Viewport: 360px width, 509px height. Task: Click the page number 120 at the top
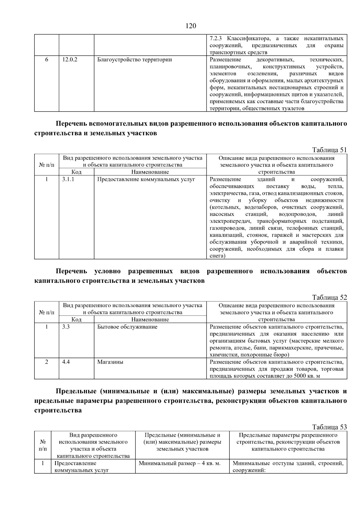(x=191, y=26)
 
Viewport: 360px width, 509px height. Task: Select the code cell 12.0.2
(x=70, y=60)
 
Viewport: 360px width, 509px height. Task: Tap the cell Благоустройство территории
(x=134, y=60)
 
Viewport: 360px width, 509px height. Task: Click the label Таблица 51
(x=329, y=150)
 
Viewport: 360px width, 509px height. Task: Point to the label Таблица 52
(x=329, y=298)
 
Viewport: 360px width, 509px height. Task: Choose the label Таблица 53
(x=329, y=427)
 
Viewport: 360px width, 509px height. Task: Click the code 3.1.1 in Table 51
(x=68, y=179)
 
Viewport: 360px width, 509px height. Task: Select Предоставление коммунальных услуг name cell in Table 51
(x=146, y=179)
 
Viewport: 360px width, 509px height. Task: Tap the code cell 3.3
(x=66, y=327)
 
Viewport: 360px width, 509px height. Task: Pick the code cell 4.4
(x=66, y=362)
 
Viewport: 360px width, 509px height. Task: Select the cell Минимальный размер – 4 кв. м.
(x=180, y=463)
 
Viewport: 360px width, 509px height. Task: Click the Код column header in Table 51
(x=76, y=172)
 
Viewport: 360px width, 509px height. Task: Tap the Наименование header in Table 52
(x=150, y=320)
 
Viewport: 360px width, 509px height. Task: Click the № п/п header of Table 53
(x=43, y=445)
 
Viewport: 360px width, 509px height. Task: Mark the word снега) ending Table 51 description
(x=217, y=256)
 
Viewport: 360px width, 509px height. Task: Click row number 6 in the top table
(x=46, y=60)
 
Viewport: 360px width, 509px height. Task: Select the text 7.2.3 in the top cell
(x=216, y=39)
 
